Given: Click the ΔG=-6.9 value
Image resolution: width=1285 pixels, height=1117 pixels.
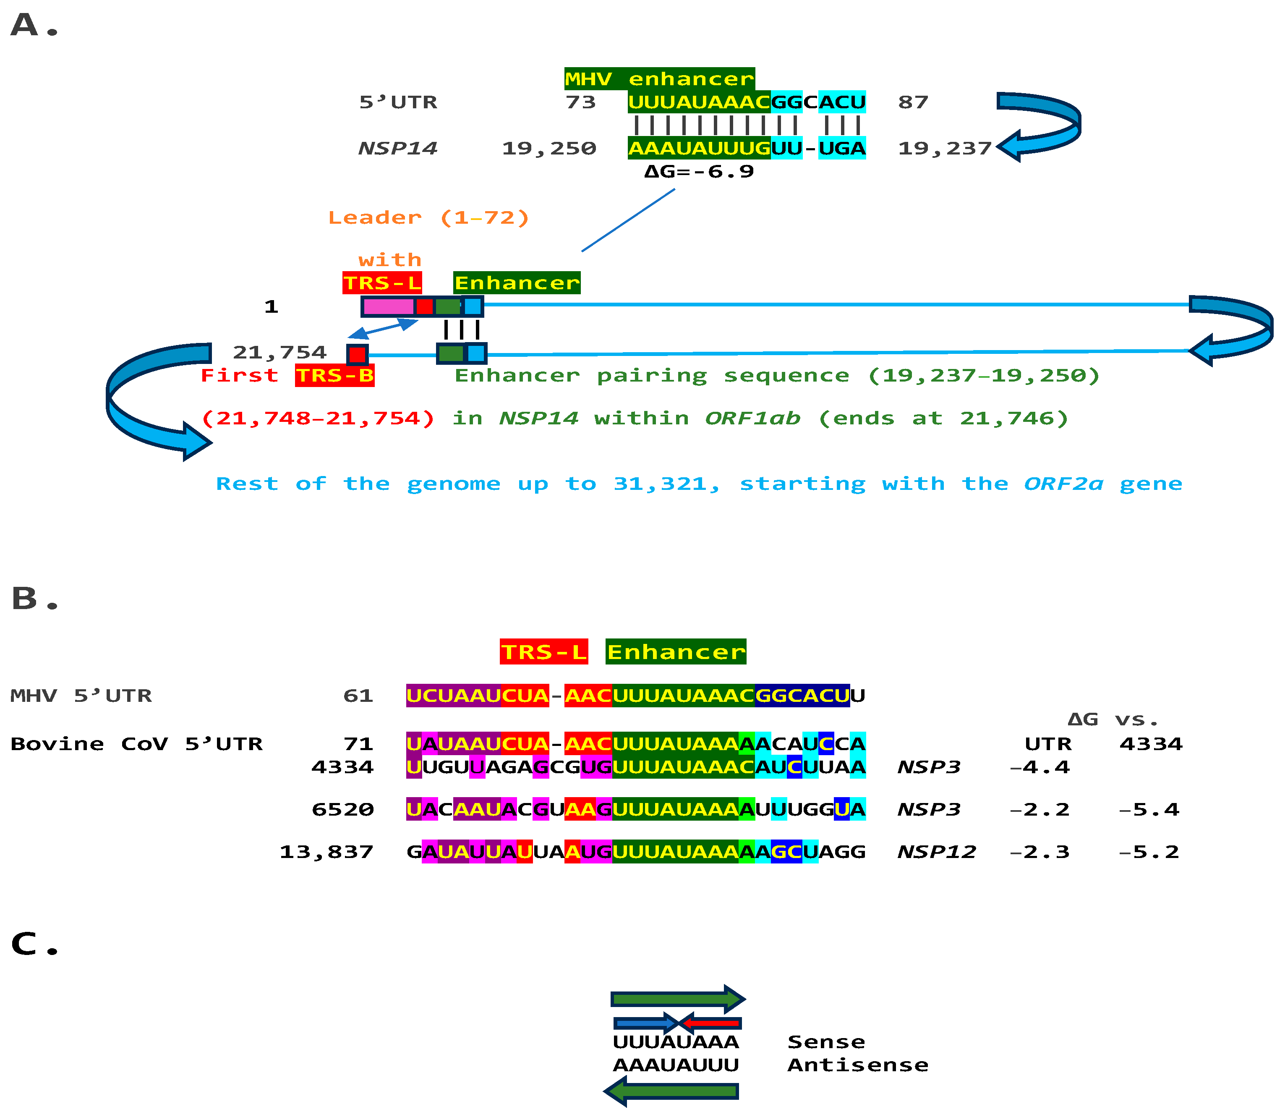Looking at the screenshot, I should pos(699,171).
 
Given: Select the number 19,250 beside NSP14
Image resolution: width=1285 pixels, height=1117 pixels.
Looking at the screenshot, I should pos(548,148).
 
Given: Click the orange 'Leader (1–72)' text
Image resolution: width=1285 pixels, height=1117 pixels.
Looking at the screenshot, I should pos(428,217).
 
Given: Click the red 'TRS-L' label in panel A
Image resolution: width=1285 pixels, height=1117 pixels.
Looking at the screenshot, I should pos(381,283).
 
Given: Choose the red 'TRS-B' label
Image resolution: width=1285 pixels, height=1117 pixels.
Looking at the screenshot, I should pos(334,376).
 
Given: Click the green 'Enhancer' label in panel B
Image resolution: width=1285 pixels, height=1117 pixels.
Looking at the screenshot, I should pos(676,652).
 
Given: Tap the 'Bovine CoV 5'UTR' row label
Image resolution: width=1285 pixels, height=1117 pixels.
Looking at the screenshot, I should pos(136,744).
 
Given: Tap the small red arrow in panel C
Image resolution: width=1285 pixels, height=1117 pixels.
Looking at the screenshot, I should pos(710,1023).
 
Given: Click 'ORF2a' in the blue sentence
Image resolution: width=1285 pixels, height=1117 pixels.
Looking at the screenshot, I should pos(1063,484).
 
